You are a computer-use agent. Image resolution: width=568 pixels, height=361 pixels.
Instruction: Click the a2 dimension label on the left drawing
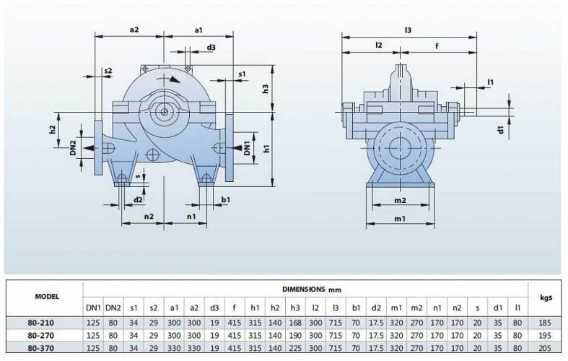click(134, 30)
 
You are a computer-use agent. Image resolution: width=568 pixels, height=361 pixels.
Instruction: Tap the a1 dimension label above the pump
click(200, 30)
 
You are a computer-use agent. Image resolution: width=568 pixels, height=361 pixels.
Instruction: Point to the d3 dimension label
click(211, 48)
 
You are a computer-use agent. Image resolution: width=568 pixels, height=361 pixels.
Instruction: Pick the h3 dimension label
click(265, 89)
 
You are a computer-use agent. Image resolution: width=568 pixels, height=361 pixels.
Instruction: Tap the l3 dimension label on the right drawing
click(408, 30)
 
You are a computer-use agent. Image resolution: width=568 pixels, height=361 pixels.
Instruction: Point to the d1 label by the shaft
click(499, 130)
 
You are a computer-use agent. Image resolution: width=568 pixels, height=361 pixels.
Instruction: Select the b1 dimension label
click(226, 199)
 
